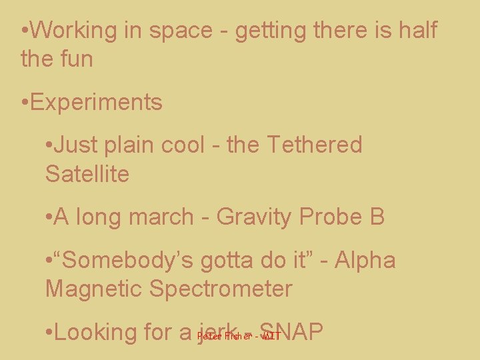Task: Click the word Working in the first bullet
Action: pos(75,31)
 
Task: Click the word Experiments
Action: pos(96,103)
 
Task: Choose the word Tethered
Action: pos(314,145)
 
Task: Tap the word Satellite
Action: pos(87,174)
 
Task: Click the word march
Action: pos(167,217)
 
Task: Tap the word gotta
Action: pos(234,261)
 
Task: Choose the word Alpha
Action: pos(365,260)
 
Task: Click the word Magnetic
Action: pos(93,289)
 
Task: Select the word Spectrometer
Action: pos(221,290)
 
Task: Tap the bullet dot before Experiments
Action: pos(25,103)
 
